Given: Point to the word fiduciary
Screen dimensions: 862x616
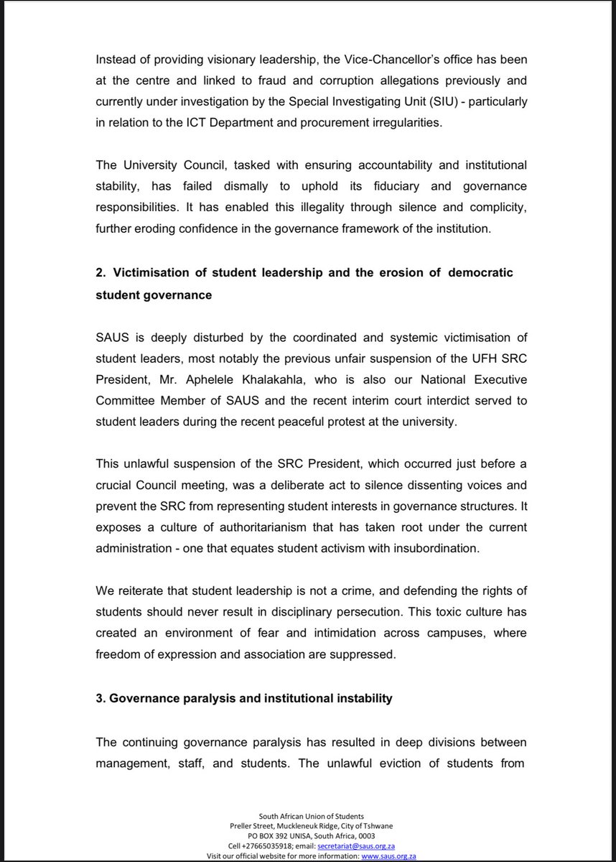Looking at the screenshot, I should [384, 186].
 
